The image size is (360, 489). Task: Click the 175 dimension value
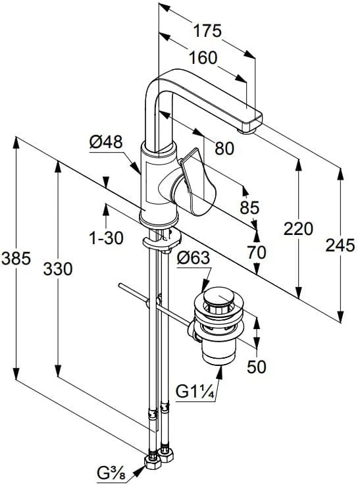coord(207,30)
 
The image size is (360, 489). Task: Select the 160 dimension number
coord(203,58)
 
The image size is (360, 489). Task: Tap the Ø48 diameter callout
coord(106,142)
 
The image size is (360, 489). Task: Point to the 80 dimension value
coord(224,149)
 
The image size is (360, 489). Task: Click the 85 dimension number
coord(249,207)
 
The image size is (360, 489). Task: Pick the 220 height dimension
coord(298,229)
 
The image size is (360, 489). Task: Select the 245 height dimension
coord(340,245)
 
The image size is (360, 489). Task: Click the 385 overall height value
coord(16,259)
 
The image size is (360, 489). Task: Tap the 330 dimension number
coord(58,269)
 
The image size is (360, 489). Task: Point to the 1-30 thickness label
coord(106,238)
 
